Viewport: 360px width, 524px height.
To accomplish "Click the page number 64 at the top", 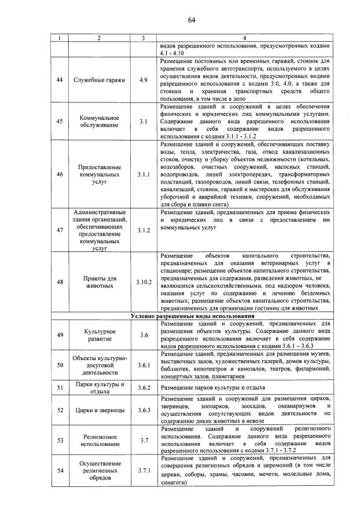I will pyautogui.click(x=192, y=20).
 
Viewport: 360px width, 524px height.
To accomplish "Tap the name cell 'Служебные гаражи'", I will pyautogui.click(x=100, y=80).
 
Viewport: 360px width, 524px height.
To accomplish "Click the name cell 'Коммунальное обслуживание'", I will pyautogui.click(x=100, y=120).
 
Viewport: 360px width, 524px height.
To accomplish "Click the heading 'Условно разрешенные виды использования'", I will pyautogui.click(x=192, y=316).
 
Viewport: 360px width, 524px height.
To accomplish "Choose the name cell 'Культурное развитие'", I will pyautogui.click(x=100, y=334).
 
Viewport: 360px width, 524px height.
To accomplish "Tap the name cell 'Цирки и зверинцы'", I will pyautogui.click(x=100, y=410).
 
